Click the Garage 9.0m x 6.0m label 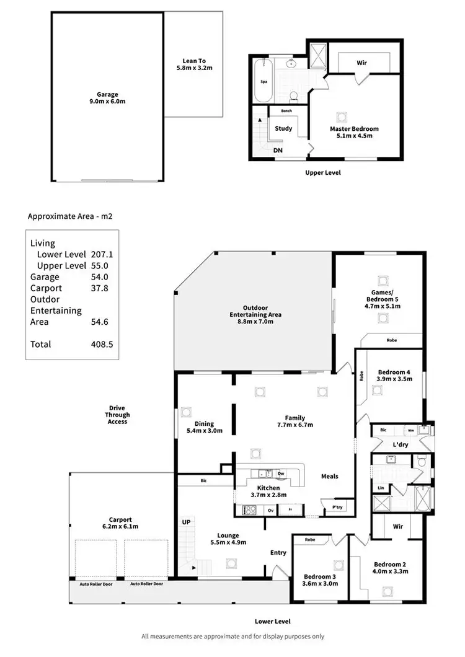tap(107, 98)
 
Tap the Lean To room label tap(194, 64)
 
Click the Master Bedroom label tap(354, 132)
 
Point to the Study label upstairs tap(284, 129)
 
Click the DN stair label tap(278, 150)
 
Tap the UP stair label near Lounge tap(186, 523)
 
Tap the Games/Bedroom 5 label tap(383, 301)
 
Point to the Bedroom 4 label tap(394, 376)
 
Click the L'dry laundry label tap(399, 446)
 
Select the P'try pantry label tap(337, 508)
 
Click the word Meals tap(330, 476)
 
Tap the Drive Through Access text tap(117, 415)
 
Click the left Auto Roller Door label tap(95, 584)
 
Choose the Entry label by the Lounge tap(278, 552)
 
